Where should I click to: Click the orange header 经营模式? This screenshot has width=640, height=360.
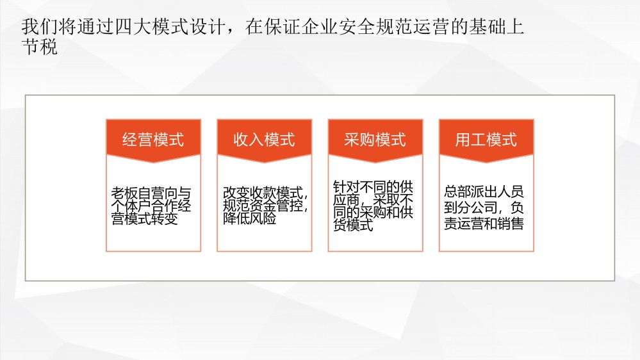click(x=153, y=140)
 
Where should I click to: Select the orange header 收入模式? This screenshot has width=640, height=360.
click(x=264, y=140)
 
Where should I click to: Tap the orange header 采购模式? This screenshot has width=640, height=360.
click(x=375, y=140)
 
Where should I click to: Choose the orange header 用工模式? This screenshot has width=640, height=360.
click(x=486, y=140)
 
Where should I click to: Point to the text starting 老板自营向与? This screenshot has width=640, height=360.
click(x=151, y=206)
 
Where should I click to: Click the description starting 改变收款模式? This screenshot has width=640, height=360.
click(x=265, y=206)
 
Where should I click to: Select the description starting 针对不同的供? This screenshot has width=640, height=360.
click(x=373, y=206)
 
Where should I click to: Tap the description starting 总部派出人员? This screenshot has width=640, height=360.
click(x=484, y=208)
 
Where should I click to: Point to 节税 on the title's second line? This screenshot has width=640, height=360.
click(x=40, y=47)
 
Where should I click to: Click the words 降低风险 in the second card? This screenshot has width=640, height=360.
click(x=249, y=218)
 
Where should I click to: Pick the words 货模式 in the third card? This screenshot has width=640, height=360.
click(x=353, y=225)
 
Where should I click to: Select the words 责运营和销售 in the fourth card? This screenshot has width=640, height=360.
click(x=484, y=224)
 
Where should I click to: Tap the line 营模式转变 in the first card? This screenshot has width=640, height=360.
click(x=145, y=219)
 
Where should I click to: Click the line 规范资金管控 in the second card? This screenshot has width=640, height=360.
click(x=265, y=206)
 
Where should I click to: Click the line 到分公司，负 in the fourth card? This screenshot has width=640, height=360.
click(x=484, y=208)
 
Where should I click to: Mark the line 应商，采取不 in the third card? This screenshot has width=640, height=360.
click(x=373, y=200)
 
